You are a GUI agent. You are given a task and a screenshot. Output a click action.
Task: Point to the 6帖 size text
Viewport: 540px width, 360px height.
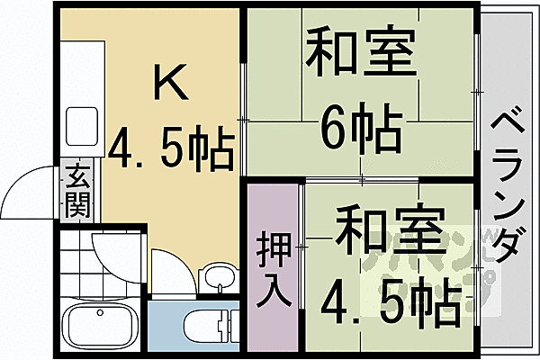click(360, 131)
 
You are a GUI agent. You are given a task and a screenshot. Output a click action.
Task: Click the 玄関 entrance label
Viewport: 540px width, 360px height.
click(77, 191)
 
